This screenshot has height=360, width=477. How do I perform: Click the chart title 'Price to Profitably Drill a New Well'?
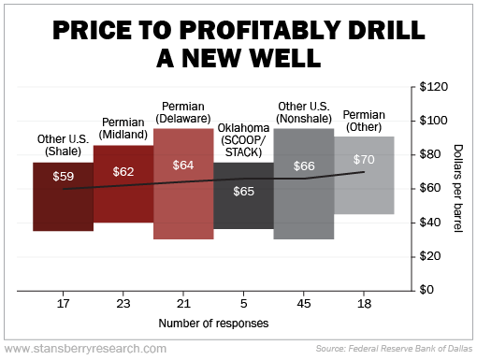click(238, 43)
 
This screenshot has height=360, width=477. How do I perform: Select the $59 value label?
click(63, 175)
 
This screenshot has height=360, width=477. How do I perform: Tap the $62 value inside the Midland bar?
click(123, 171)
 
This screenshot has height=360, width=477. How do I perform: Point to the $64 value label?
click(183, 166)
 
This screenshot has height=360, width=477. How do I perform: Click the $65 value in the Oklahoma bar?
click(243, 190)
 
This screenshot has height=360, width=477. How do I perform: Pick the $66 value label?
click(304, 166)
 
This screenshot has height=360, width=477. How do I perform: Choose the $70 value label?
click(364, 159)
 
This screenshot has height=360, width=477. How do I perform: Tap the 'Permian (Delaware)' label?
click(183, 112)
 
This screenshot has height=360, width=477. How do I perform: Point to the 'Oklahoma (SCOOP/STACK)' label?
click(243, 140)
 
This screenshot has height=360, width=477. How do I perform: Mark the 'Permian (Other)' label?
click(364, 120)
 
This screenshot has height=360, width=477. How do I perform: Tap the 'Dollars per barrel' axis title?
click(460, 188)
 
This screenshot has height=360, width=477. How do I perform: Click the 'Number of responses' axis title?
click(213, 324)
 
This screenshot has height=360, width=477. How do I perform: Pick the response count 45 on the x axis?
click(304, 304)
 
